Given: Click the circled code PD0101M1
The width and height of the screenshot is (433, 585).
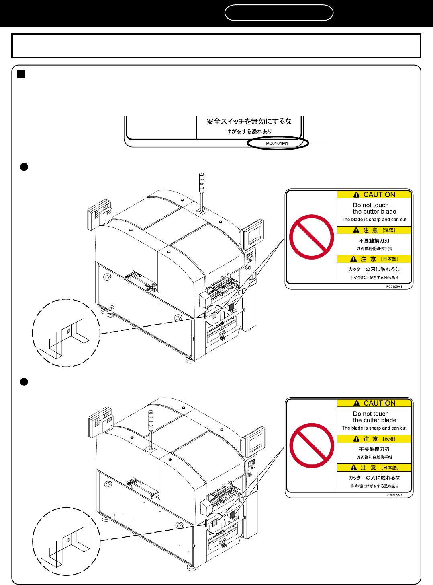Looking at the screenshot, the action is tap(277, 144).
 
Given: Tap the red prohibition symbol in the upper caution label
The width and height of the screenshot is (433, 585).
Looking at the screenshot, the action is tap(312, 237).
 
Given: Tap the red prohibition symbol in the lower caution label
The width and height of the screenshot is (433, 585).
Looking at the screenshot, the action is tap(312, 445).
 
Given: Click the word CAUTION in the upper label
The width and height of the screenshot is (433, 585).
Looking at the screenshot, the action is tap(379, 195).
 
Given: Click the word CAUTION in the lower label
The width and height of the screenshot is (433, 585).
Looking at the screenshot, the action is tap(380, 403).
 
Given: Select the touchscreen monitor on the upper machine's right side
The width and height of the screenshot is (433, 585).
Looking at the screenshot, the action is tap(252, 233).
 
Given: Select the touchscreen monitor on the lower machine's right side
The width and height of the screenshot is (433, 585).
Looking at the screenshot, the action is tap(254, 441).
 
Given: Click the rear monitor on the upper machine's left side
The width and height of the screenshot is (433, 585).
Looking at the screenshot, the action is tap(100, 214).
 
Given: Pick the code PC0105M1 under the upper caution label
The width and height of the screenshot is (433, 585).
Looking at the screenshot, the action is tap(394, 287).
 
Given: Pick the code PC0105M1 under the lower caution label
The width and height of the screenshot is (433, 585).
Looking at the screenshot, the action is tap(394, 495).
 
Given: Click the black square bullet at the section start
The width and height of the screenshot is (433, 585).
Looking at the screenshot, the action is tap(21, 74).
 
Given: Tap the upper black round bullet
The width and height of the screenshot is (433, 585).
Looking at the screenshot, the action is tap(24, 167).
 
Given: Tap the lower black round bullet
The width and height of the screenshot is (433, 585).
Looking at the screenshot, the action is tap(24, 382).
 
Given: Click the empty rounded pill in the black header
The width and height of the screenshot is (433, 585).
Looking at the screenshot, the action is tap(279, 12).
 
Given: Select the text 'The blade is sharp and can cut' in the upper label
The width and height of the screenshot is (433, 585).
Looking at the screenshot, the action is tap(374, 219).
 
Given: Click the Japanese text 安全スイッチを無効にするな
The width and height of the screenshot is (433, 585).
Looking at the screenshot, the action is tap(249, 122).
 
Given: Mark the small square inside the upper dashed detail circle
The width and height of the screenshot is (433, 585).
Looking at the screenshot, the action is tap(69, 331).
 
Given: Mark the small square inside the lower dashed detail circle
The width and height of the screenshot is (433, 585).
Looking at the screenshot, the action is tap(68, 540).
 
